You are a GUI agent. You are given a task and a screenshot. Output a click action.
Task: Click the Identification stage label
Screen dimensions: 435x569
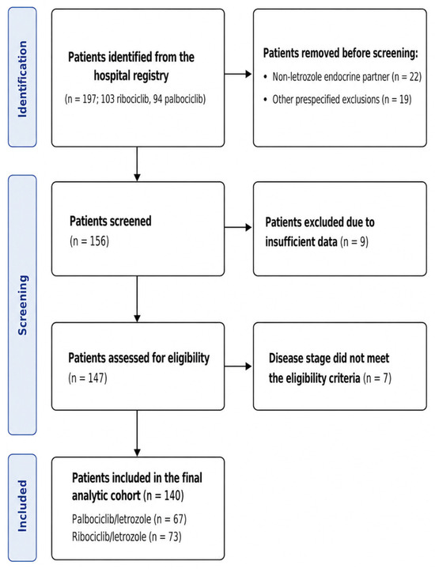pyautogui.click(x=22, y=79)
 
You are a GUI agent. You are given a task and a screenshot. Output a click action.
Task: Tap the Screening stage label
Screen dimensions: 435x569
pyautogui.click(x=22, y=305)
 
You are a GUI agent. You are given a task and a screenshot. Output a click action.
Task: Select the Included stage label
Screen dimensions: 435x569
pyautogui.click(x=22, y=506)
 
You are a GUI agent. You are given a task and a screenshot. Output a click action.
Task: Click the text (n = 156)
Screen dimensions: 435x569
pyautogui.click(x=89, y=241)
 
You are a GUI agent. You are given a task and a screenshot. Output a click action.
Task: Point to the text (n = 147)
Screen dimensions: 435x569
pyautogui.click(x=88, y=377)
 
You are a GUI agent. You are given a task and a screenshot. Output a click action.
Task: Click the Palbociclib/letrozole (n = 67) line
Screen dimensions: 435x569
pyautogui.click(x=129, y=519)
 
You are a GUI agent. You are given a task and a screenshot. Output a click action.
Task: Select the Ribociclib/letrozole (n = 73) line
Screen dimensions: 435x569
pyautogui.click(x=127, y=537)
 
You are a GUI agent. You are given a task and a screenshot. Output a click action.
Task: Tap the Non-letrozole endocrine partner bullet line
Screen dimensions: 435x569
pyautogui.click(x=342, y=77)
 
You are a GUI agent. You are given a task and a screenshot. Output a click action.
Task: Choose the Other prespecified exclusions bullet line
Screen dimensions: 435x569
pyautogui.click(x=338, y=99)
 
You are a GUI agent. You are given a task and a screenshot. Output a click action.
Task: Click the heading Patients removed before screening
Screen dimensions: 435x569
pyautogui.click(x=341, y=53)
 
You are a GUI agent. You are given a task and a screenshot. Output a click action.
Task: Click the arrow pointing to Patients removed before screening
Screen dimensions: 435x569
pyautogui.click(x=238, y=74)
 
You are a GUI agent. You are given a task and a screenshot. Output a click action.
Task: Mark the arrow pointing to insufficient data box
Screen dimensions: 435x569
pyautogui.click(x=238, y=228)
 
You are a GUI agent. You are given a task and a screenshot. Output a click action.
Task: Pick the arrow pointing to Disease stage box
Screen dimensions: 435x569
pyautogui.click(x=238, y=366)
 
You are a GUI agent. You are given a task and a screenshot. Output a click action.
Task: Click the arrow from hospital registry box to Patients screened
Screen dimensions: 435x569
pyautogui.click(x=137, y=164)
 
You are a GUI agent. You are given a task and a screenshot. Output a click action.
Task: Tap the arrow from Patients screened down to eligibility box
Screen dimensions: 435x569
pyautogui.click(x=137, y=299)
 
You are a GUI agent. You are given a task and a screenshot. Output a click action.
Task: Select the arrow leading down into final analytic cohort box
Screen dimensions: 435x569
pyautogui.click(x=137, y=434)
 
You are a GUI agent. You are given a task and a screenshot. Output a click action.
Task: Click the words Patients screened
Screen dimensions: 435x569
pyautogui.click(x=110, y=221)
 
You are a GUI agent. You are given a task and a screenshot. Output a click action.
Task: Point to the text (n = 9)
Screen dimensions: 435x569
pyautogui.click(x=354, y=241)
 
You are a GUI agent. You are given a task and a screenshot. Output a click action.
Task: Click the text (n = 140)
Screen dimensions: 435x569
pyautogui.click(x=164, y=495)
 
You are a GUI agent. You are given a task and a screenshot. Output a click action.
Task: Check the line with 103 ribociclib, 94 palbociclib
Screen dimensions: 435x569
pyautogui.click(x=135, y=99)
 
